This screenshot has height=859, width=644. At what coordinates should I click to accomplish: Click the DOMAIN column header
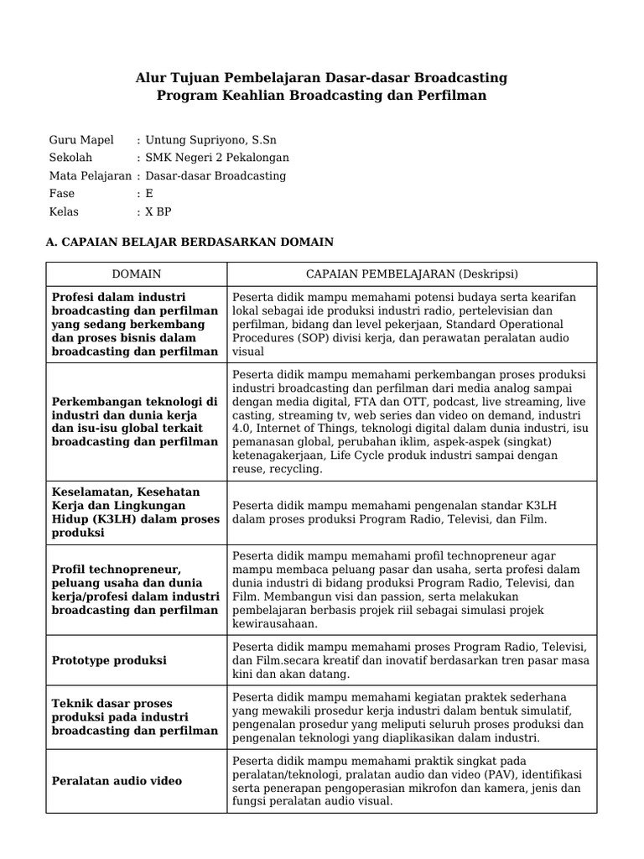pos(136,274)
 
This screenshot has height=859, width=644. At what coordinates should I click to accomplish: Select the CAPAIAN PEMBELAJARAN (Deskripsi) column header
pos(412,274)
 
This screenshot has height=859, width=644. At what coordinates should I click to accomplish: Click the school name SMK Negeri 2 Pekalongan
pos(217,158)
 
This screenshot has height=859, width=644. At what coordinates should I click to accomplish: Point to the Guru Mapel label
pos(81,139)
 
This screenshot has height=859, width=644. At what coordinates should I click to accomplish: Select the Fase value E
pos(149,194)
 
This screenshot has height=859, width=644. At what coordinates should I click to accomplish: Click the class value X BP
pos(158,212)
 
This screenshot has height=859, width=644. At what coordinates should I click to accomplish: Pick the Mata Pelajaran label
pos(90,176)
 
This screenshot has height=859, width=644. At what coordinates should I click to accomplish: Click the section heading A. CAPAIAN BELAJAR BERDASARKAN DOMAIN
pos(189,242)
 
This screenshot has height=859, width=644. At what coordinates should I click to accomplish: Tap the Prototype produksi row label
pos(109,660)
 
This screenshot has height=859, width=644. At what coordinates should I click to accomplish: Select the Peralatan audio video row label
pos(117,781)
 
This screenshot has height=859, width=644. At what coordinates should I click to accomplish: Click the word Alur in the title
pos(152,78)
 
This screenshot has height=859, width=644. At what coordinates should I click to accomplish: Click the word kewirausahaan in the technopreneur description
pos(275,623)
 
